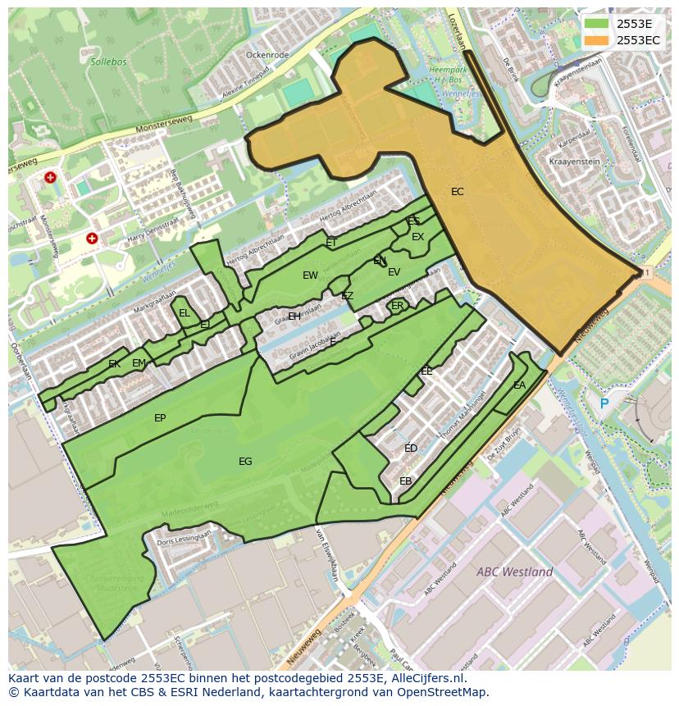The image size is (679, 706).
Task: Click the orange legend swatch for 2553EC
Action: [x=598, y=39]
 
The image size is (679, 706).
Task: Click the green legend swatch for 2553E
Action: [x=598, y=23]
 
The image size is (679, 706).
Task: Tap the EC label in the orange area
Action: [x=458, y=192]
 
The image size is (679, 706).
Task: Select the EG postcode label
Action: [x=245, y=462]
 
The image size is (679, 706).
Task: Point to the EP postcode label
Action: [x=160, y=418]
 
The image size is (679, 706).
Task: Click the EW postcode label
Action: [x=310, y=276]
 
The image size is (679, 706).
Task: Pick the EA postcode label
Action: [x=519, y=385]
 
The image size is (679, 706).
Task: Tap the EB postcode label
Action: [x=405, y=481]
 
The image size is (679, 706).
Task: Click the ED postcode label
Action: [x=411, y=449]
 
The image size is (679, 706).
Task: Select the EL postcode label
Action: [x=185, y=313]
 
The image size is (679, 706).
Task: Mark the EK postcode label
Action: [x=114, y=364]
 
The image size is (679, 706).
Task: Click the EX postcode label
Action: [x=418, y=237]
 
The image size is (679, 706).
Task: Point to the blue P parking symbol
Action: [x=604, y=403]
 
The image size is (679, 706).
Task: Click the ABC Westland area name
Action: [x=514, y=572]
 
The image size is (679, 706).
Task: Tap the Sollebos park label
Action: [x=107, y=61]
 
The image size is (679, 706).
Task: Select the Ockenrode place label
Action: [x=267, y=55]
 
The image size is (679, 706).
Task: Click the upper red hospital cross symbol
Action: [x=51, y=177]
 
